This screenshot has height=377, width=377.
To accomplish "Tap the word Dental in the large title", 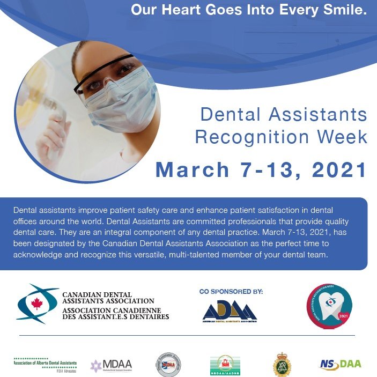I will [x=228, y=114].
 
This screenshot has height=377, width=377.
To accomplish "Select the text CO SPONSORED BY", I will [x=231, y=292].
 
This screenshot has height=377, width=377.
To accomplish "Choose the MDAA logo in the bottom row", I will [x=111, y=366].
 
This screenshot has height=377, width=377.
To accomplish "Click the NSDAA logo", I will [x=341, y=365].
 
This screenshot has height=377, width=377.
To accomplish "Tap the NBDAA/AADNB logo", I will [x=225, y=365].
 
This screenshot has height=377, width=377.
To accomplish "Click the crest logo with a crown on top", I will [x=282, y=365].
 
